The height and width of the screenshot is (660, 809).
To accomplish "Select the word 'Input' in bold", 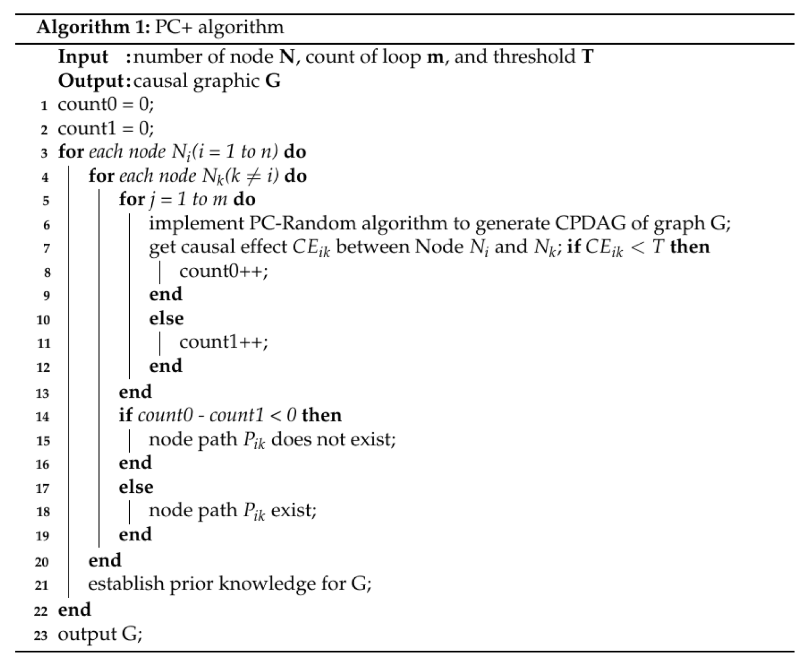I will pos(83,57).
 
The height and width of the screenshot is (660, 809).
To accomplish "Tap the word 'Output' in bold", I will pos(91,81).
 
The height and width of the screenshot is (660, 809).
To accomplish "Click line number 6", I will pos(46,225).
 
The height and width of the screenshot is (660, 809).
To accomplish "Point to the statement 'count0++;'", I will pos(224,271).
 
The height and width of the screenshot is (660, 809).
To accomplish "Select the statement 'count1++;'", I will pos(224,342).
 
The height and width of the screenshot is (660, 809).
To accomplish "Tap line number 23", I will pos(41,636).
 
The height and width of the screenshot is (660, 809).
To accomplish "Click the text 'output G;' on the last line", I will pos(100,634).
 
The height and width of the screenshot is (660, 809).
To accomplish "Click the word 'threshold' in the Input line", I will pos(534,57).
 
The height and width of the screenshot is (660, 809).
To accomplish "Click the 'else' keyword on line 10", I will pos(166,319).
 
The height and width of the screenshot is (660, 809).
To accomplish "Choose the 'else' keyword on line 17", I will pos(136,487).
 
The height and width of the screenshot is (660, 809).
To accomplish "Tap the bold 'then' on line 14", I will pos(322,415).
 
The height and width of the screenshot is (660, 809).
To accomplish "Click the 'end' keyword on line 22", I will pos(74,610).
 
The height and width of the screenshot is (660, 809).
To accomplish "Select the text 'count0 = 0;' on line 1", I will pos(106,104).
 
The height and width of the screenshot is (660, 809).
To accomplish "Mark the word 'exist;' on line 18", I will pos(293,511).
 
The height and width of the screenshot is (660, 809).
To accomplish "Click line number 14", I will pos(43,417).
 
